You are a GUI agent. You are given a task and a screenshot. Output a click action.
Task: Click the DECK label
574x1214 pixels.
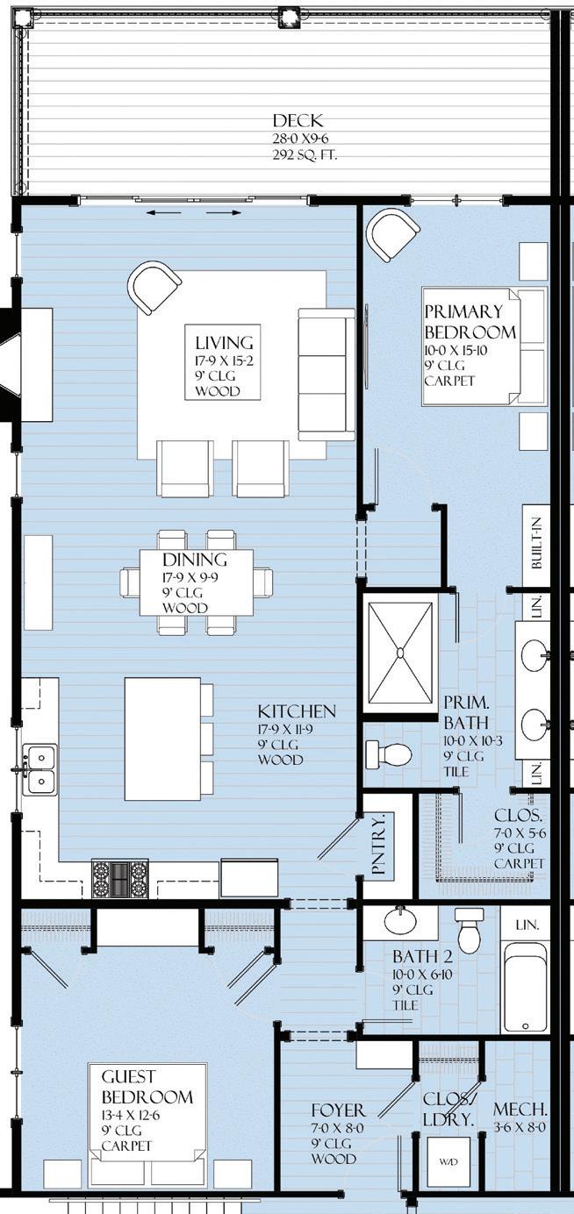pos(298,120)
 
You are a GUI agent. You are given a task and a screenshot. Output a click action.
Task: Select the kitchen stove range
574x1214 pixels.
pos(120,879)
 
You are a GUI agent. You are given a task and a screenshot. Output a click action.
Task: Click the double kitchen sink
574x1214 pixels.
pos(39,769)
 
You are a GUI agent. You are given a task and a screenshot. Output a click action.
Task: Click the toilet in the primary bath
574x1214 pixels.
pos(389,753)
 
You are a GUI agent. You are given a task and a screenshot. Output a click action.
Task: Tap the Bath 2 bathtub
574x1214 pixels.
pos(525,988)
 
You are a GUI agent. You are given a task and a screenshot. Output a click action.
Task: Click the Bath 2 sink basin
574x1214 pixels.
pos(400,920)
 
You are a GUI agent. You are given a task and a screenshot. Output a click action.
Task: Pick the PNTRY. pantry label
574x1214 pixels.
pos(379,845)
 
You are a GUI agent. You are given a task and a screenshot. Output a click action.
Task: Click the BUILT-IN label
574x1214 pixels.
pos(536,542)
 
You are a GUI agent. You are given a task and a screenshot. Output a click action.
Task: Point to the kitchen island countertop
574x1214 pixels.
pos(162,739)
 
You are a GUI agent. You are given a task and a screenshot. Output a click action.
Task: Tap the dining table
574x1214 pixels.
pos(197,582)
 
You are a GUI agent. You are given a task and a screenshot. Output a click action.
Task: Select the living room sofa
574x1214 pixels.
pos(326,374)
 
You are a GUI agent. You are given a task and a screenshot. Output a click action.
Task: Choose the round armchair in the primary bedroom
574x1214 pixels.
pos(393,235)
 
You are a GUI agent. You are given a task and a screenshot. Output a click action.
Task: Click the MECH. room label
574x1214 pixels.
pos(520,1110)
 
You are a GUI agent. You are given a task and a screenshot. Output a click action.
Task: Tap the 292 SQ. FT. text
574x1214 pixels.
pos(305,155)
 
